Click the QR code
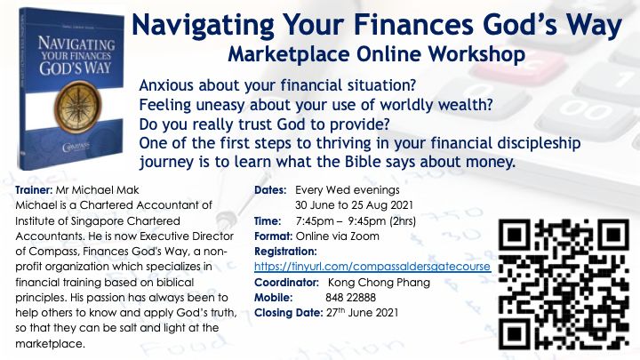[x=564, y=284]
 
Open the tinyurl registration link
[x=372, y=267]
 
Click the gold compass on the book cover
[x=77, y=108]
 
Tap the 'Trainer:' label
[x=34, y=190]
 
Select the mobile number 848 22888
[x=350, y=298]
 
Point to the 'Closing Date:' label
[x=289, y=313]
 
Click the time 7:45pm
[x=315, y=221]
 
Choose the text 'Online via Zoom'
[x=337, y=236]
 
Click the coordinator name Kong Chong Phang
[x=379, y=283]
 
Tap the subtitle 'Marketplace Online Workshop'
[x=376, y=54]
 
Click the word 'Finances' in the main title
[x=413, y=24]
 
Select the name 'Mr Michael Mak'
[x=98, y=190]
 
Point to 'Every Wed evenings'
[x=348, y=190]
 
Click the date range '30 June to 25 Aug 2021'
[x=354, y=205]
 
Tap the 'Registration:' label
[x=285, y=252]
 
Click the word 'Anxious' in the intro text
[x=166, y=85]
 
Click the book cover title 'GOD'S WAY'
[x=76, y=68]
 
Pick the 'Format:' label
[x=273, y=236]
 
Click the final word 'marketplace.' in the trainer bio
[x=50, y=344]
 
